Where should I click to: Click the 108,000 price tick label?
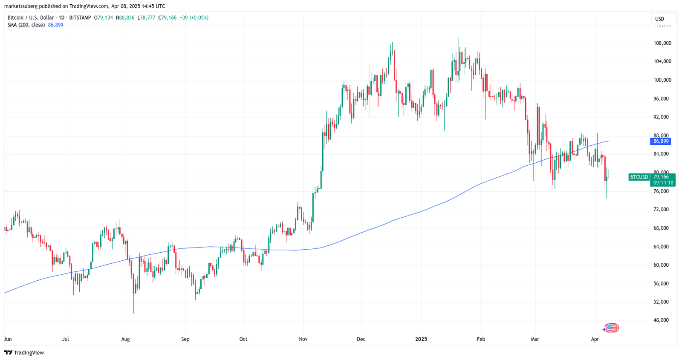(662, 43)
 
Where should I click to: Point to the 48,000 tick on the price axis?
(661, 320)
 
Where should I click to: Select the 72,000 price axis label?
(661, 210)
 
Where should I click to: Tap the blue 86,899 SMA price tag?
(661, 141)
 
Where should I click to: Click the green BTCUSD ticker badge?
(639, 177)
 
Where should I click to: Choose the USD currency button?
(660, 19)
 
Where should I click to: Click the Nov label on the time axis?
(303, 340)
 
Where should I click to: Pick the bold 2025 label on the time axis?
(421, 340)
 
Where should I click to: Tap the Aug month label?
(125, 340)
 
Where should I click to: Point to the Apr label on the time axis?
(595, 340)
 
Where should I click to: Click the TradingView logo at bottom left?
(24, 353)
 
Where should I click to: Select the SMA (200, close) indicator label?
(26, 25)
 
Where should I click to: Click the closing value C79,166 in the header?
(167, 18)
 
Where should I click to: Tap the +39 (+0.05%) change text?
(194, 18)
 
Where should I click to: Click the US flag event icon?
(612, 328)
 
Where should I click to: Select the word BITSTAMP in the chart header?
(80, 18)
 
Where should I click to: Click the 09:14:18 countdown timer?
(663, 183)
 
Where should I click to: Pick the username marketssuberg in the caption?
(21, 6)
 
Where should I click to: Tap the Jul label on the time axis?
(66, 340)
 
